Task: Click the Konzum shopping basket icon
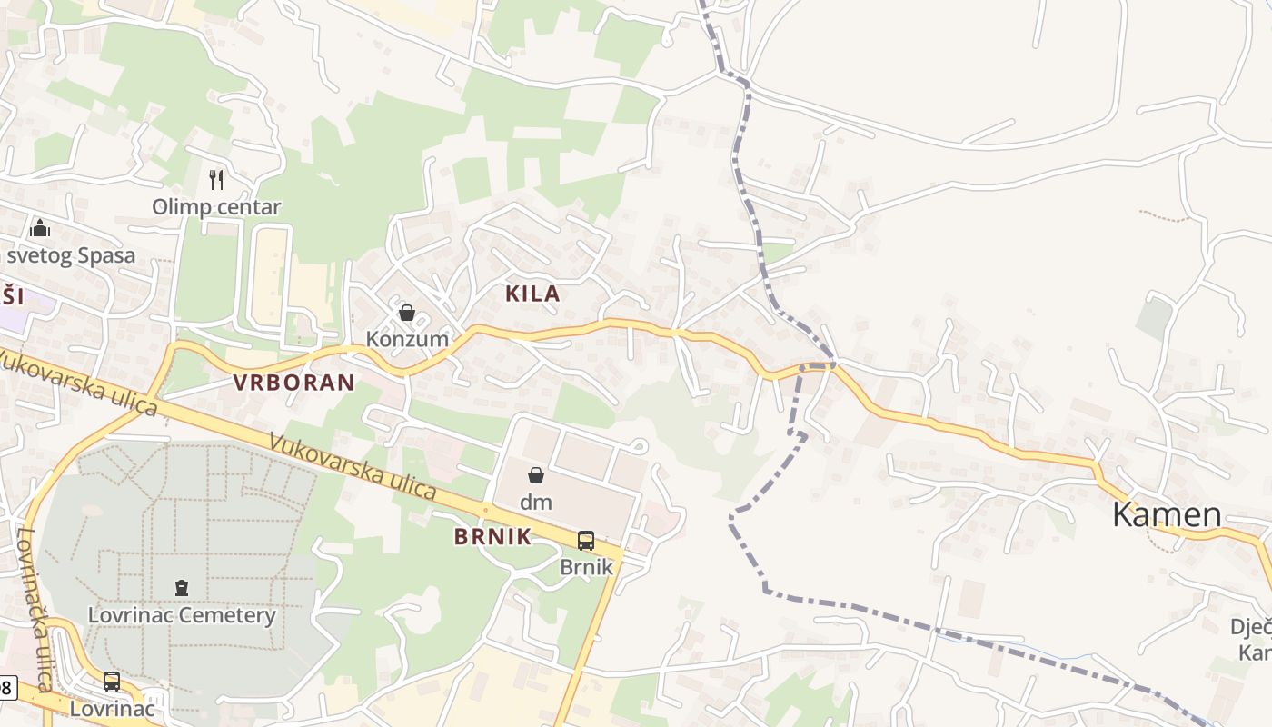click(407, 314)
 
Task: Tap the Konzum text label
click(407, 339)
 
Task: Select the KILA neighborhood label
click(532, 294)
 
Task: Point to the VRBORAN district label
click(293, 383)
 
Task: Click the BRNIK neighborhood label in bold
click(492, 536)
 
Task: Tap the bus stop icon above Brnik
click(586, 541)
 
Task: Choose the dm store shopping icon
click(536, 475)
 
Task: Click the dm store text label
click(536, 501)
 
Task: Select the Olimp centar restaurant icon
click(216, 179)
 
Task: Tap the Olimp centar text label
click(216, 207)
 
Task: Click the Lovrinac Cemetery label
click(182, 615)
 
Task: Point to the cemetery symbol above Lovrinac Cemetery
click(182, 588)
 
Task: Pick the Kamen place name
click(1167, 514)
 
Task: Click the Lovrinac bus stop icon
click(112, 681)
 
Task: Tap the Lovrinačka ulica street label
click(36, 609)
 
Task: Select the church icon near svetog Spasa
click(40, 227)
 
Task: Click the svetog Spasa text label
click(71, 255)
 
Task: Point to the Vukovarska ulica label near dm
click(353, 465)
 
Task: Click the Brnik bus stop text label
click(586, 567)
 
